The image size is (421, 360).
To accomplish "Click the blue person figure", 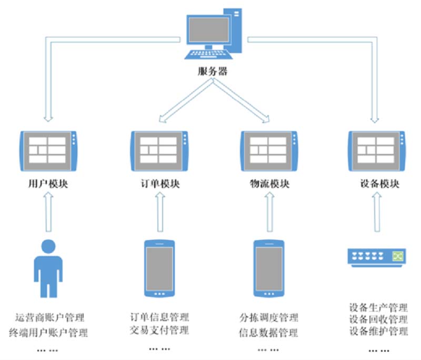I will pos(48,268).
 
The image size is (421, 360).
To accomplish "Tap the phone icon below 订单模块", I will pos(159,268).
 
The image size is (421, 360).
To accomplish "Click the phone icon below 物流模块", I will pos(269,268).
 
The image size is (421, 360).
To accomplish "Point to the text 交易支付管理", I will pos(159,331).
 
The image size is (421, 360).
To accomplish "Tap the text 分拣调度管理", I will pos(269,317).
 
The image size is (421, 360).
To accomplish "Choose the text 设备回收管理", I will pos(378,319).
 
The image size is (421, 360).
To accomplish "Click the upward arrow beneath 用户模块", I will pos(48,212).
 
